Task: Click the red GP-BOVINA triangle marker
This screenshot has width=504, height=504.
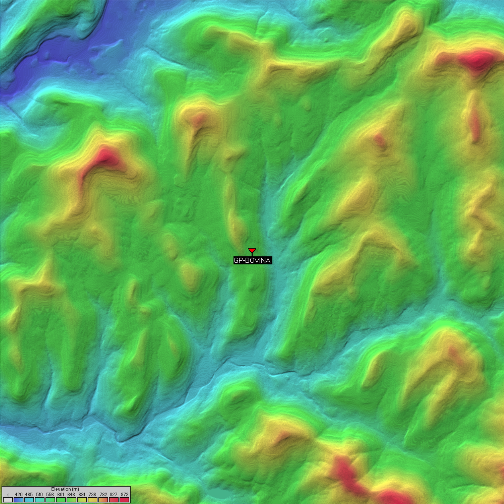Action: tap(252, 250)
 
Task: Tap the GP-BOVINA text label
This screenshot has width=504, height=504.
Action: tap(252, 261)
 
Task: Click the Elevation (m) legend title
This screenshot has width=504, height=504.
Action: tap(65, 489)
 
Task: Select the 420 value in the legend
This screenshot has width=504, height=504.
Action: tap(19, 494)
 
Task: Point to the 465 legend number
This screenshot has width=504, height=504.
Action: tap(29, 494)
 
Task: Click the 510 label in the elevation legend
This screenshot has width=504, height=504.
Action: tap(39, 494)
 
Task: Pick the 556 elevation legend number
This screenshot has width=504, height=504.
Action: tap(50, 494)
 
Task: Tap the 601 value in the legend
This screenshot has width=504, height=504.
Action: tap(61, 494)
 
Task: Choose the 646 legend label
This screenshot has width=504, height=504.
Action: tap(71, 494)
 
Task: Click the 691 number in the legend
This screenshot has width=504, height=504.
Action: tap(82, 494)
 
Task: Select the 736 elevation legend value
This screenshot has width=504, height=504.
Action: tap(92, 494)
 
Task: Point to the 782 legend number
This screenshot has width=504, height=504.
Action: tap(103, 494)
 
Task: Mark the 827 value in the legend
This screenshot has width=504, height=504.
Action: tap(114, 494)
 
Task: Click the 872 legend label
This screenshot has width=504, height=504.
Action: tap(124, 494)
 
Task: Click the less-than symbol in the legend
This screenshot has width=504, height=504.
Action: tap(8, 494)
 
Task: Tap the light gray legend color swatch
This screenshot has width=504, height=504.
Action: tap(8, 500)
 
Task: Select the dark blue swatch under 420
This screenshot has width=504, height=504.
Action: tap(19, 500)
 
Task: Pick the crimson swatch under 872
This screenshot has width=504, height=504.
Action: tap(124, 500)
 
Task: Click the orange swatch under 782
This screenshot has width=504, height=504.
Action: tap(103, 500)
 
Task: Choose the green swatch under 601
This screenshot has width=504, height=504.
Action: tap(61, 500)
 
